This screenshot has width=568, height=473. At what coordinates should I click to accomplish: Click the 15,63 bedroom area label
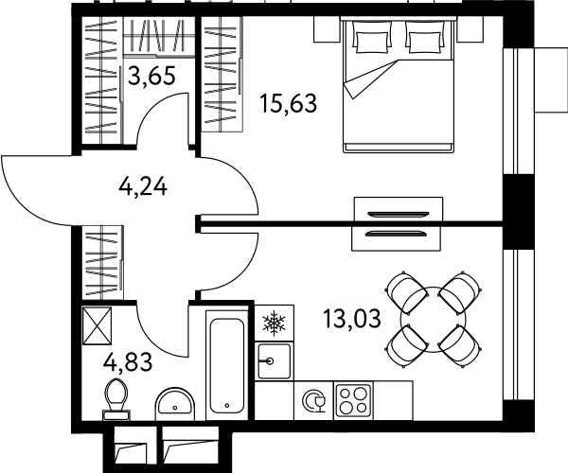[289, 103]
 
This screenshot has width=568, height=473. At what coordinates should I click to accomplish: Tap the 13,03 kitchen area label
[352, 319]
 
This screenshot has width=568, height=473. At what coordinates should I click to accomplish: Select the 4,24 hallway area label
[143, 187]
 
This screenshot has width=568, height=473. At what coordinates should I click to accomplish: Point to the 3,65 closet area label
[151, 76]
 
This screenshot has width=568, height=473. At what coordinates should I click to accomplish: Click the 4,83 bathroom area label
[128, 362]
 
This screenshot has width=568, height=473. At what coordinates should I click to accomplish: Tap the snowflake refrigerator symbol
[275, 322]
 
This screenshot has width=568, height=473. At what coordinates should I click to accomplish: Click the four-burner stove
[353, 400]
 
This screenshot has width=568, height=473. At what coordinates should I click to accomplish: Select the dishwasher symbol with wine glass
[313, 400]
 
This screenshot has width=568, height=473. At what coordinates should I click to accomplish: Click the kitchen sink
[275, 360]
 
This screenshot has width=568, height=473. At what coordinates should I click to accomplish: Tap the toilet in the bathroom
[116, 399]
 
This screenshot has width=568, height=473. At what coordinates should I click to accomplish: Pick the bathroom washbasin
[175, 404]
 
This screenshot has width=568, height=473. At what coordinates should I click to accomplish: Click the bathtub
[227, 365]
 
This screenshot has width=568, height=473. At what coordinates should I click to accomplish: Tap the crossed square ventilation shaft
[98, 325]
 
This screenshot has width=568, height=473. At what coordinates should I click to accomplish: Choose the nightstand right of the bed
[470, 29]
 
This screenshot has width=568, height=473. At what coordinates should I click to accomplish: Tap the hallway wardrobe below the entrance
[103, 262]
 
